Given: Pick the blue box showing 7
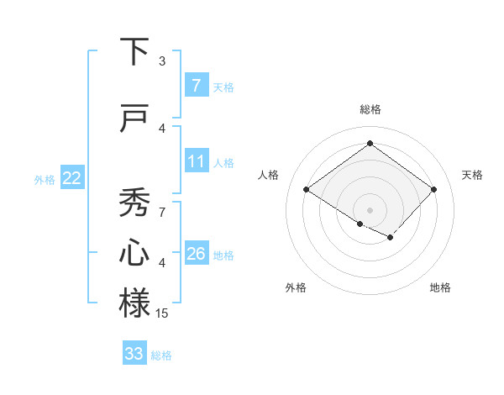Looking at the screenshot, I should (196, 85).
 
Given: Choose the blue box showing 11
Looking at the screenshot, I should (196, 161).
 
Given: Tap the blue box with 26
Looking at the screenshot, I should (196, 254).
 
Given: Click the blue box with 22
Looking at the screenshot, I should (72, 178).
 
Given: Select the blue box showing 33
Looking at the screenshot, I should (134, 354).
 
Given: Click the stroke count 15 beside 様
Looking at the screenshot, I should (162, 313).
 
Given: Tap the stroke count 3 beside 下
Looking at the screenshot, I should (162, 61).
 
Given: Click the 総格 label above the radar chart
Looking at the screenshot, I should (370, 110).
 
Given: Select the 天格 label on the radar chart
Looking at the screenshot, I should (473, 175).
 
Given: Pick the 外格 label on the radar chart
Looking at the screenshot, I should (296, 288).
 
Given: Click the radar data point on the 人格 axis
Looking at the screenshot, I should (306, 190).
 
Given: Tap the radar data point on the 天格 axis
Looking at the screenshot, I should (433, 190).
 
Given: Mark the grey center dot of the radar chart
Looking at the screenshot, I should (370, 209).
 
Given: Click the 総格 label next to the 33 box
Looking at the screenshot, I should (162, 355).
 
